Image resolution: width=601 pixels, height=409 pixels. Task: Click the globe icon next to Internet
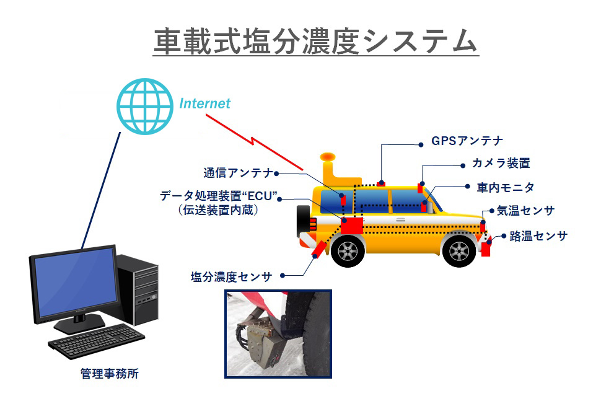(x=145, y=107)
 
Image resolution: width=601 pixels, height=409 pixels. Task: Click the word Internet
(x=204, y=103)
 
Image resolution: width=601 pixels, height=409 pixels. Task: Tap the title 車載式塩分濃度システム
(x=316, y=41)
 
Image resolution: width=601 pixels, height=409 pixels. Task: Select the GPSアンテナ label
(x=467, y=141)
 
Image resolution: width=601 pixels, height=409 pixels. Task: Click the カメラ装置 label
(x=501, y=163)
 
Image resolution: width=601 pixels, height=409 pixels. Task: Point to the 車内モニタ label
(x=506, y=187)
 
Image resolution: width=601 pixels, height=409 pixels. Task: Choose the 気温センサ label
(x=525, y=211)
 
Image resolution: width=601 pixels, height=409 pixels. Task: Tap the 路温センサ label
(x=538, y=236)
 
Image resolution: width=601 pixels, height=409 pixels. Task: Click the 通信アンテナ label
(x=238, y=173)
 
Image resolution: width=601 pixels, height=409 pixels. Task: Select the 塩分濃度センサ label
(x=231, y=276)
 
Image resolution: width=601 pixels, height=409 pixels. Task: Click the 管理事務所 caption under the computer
(x=109, y=373)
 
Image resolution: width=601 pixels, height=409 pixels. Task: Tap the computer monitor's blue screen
(x=75, y=282)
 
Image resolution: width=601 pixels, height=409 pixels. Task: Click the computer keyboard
(x=96, y=341)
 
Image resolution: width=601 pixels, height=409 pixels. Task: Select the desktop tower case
(x=138, y=289)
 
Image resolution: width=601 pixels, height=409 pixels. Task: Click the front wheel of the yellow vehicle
(x=458, y=251)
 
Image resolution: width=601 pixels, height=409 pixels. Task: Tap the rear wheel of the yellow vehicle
(x=348, y=251)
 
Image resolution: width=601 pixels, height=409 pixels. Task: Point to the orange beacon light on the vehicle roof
(x=328, y=156)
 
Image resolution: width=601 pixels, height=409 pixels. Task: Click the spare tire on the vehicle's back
(x=303, y=221)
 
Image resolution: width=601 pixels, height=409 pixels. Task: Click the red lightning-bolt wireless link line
(x=254, y=142)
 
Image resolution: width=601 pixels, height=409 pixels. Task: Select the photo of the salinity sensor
(x=278, y=334)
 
